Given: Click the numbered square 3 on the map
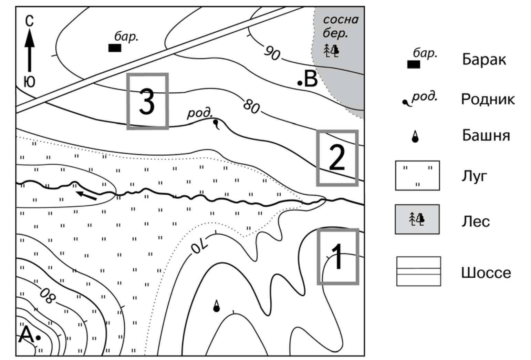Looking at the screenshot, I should coord(147,101).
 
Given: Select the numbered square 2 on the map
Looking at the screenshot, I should coord(337,158).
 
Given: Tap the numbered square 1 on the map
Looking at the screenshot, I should coord(338,257).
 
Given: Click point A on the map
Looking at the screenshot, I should coord(38,338).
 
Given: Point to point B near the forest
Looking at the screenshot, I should coord(300,83).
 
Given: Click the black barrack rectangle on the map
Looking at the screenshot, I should coord(115,48).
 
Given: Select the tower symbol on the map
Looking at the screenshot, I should coord(216,306).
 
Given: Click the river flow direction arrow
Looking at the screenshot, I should coord(86,195).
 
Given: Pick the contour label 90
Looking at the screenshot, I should coord(272,53).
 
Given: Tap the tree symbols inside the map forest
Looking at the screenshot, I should coord(331,51).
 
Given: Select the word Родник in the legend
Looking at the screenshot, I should coord(488,100).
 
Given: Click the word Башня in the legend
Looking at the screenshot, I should coord(486,135).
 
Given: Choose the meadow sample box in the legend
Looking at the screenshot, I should coord(417,176).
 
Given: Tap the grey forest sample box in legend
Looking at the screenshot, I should coord(417,219).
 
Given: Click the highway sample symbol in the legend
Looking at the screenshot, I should coord(418,271).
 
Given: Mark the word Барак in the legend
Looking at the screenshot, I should coord(484,59).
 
